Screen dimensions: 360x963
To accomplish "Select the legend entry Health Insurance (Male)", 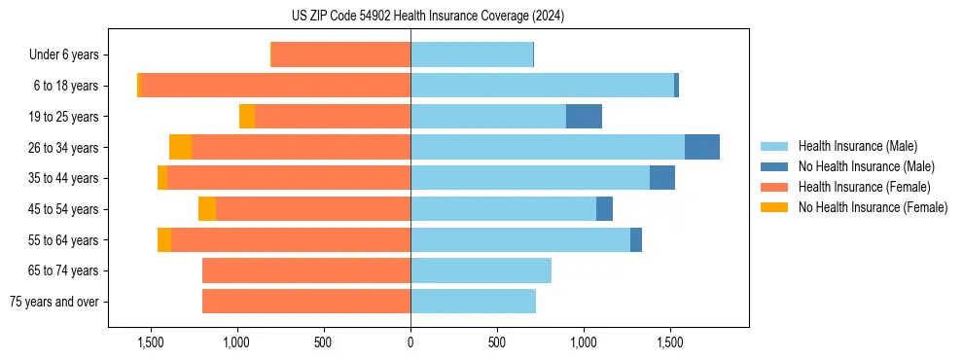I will click(852, 147).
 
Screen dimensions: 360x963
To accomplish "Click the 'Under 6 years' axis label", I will click(63, 55).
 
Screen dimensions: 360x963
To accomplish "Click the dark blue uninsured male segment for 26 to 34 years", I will click(702, 147).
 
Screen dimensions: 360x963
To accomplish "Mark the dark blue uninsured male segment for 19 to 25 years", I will click(584, 117).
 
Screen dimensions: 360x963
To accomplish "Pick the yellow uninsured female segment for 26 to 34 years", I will click(180, 147).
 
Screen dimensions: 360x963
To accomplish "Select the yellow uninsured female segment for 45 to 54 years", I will click(207, 209).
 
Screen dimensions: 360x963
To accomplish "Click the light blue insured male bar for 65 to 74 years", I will click(481, 270).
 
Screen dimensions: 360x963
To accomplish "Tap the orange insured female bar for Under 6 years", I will click(340, 55).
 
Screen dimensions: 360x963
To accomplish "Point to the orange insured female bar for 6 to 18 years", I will click(275, 86).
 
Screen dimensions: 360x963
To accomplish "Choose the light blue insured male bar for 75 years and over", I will click(473, 302).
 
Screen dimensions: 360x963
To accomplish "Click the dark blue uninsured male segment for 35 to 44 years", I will click(662, 178).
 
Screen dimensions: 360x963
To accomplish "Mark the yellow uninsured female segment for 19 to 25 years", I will click(247, 117).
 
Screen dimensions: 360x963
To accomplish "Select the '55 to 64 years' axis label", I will click(63, 240).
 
